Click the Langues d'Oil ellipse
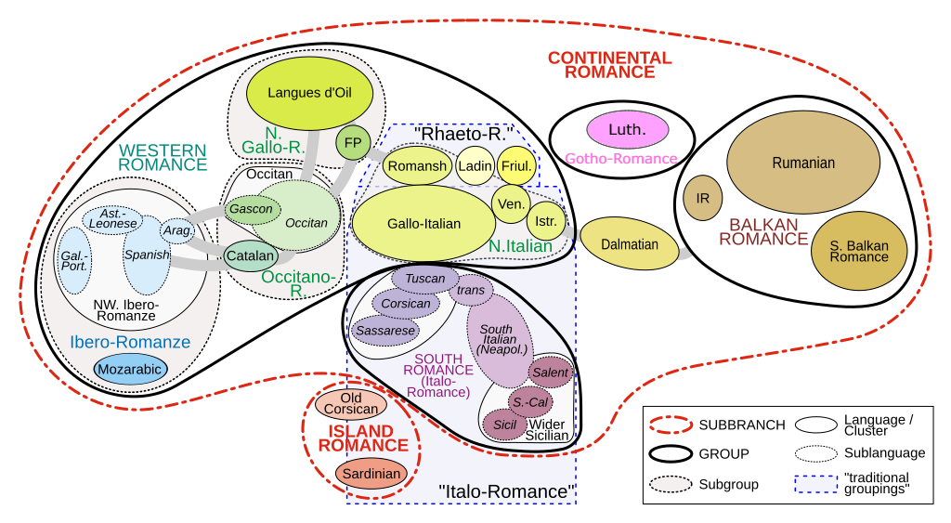coord(308,93)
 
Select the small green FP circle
coord(353,142)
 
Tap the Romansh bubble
coord(417,166)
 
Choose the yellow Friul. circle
coord(517,165)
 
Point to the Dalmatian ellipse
coord(630,244)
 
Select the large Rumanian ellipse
coord(803,163)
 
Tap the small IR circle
coord(703,198)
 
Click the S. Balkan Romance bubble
coord(859,251)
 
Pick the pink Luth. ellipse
coord(628,129)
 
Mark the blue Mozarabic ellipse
coord(130,369)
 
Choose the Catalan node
coord(251,255)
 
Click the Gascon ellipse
coord(252,209)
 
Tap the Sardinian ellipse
coord(371,474)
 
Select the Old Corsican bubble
coord(351,404)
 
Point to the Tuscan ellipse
coord(425,278)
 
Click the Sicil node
coord(504,425)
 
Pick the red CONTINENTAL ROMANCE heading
coord(609,64)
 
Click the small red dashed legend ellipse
coord(671,425)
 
